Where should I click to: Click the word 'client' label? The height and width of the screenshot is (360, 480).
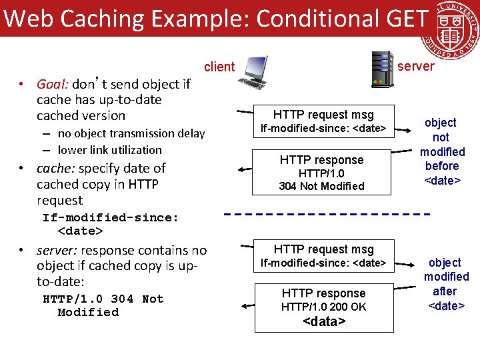click(219, 67)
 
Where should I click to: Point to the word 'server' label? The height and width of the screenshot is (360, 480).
click(415, 66)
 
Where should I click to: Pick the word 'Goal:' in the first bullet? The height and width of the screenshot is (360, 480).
click(53, 84)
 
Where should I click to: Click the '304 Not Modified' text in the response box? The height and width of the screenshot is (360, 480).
click(321, 187)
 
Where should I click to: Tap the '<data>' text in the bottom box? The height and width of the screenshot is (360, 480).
click(324, 321)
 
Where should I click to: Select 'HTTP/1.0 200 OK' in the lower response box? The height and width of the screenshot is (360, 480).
click(323, 307)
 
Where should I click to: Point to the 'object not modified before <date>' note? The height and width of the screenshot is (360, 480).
click(441, 152)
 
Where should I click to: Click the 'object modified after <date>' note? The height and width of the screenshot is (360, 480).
click(446, 284)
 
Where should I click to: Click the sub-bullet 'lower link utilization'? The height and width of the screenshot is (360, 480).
click(110, 150)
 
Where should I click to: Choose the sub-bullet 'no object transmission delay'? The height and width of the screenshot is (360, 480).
click(131, 133)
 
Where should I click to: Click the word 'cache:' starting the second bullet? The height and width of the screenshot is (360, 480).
click(55, 168)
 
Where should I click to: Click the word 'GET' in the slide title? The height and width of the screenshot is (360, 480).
click(403, 18)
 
